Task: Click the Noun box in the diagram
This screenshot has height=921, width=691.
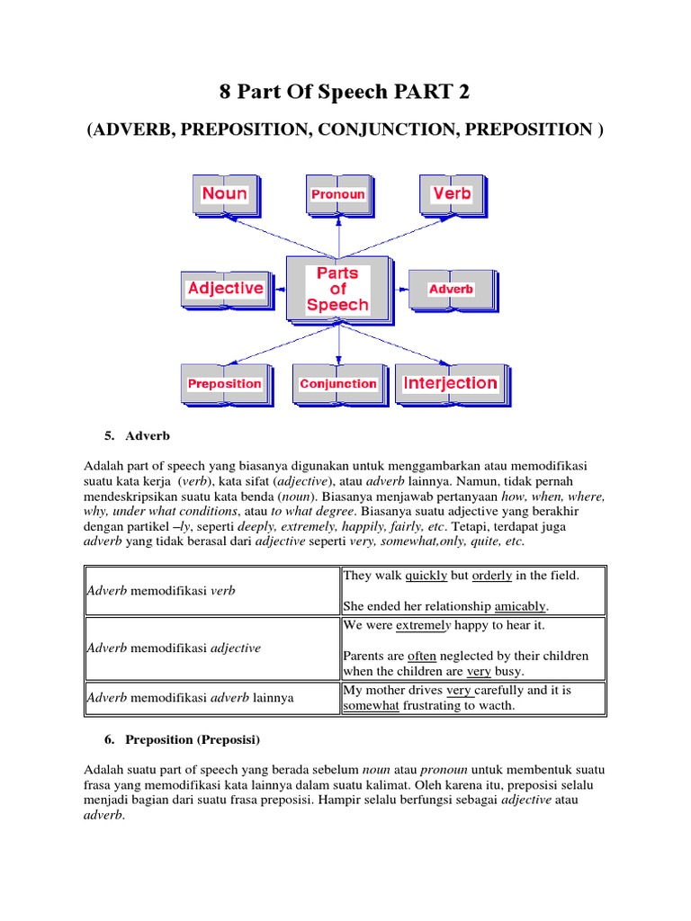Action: click(x=224, y=193)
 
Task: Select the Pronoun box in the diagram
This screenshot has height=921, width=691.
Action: click(x=337, y=194)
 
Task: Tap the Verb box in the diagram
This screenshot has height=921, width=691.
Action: click(x=451, y=193)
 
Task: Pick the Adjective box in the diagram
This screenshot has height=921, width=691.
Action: click(x=225, y=289)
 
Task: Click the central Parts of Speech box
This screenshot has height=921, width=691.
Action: click(x=337, y=289)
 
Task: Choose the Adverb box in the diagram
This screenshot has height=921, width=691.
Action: click(x=451, y=289)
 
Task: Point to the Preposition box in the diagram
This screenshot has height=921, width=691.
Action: click(x=224, y=384)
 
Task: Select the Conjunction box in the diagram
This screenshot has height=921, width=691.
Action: click(x=337, y=384)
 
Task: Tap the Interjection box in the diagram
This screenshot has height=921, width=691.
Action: click(x=450, y=383)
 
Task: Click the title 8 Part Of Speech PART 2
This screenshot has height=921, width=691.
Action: click(x=345, y=93)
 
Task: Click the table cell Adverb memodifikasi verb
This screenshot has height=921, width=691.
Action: click(x=159, y=591)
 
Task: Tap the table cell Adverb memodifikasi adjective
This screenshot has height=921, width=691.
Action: click(x=173, y=648)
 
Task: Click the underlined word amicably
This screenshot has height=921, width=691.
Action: click(x=519, y=606)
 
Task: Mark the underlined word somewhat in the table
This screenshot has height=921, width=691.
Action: click(x=371, y=707)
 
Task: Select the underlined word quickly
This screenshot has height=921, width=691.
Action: click(x=426, y=576)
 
